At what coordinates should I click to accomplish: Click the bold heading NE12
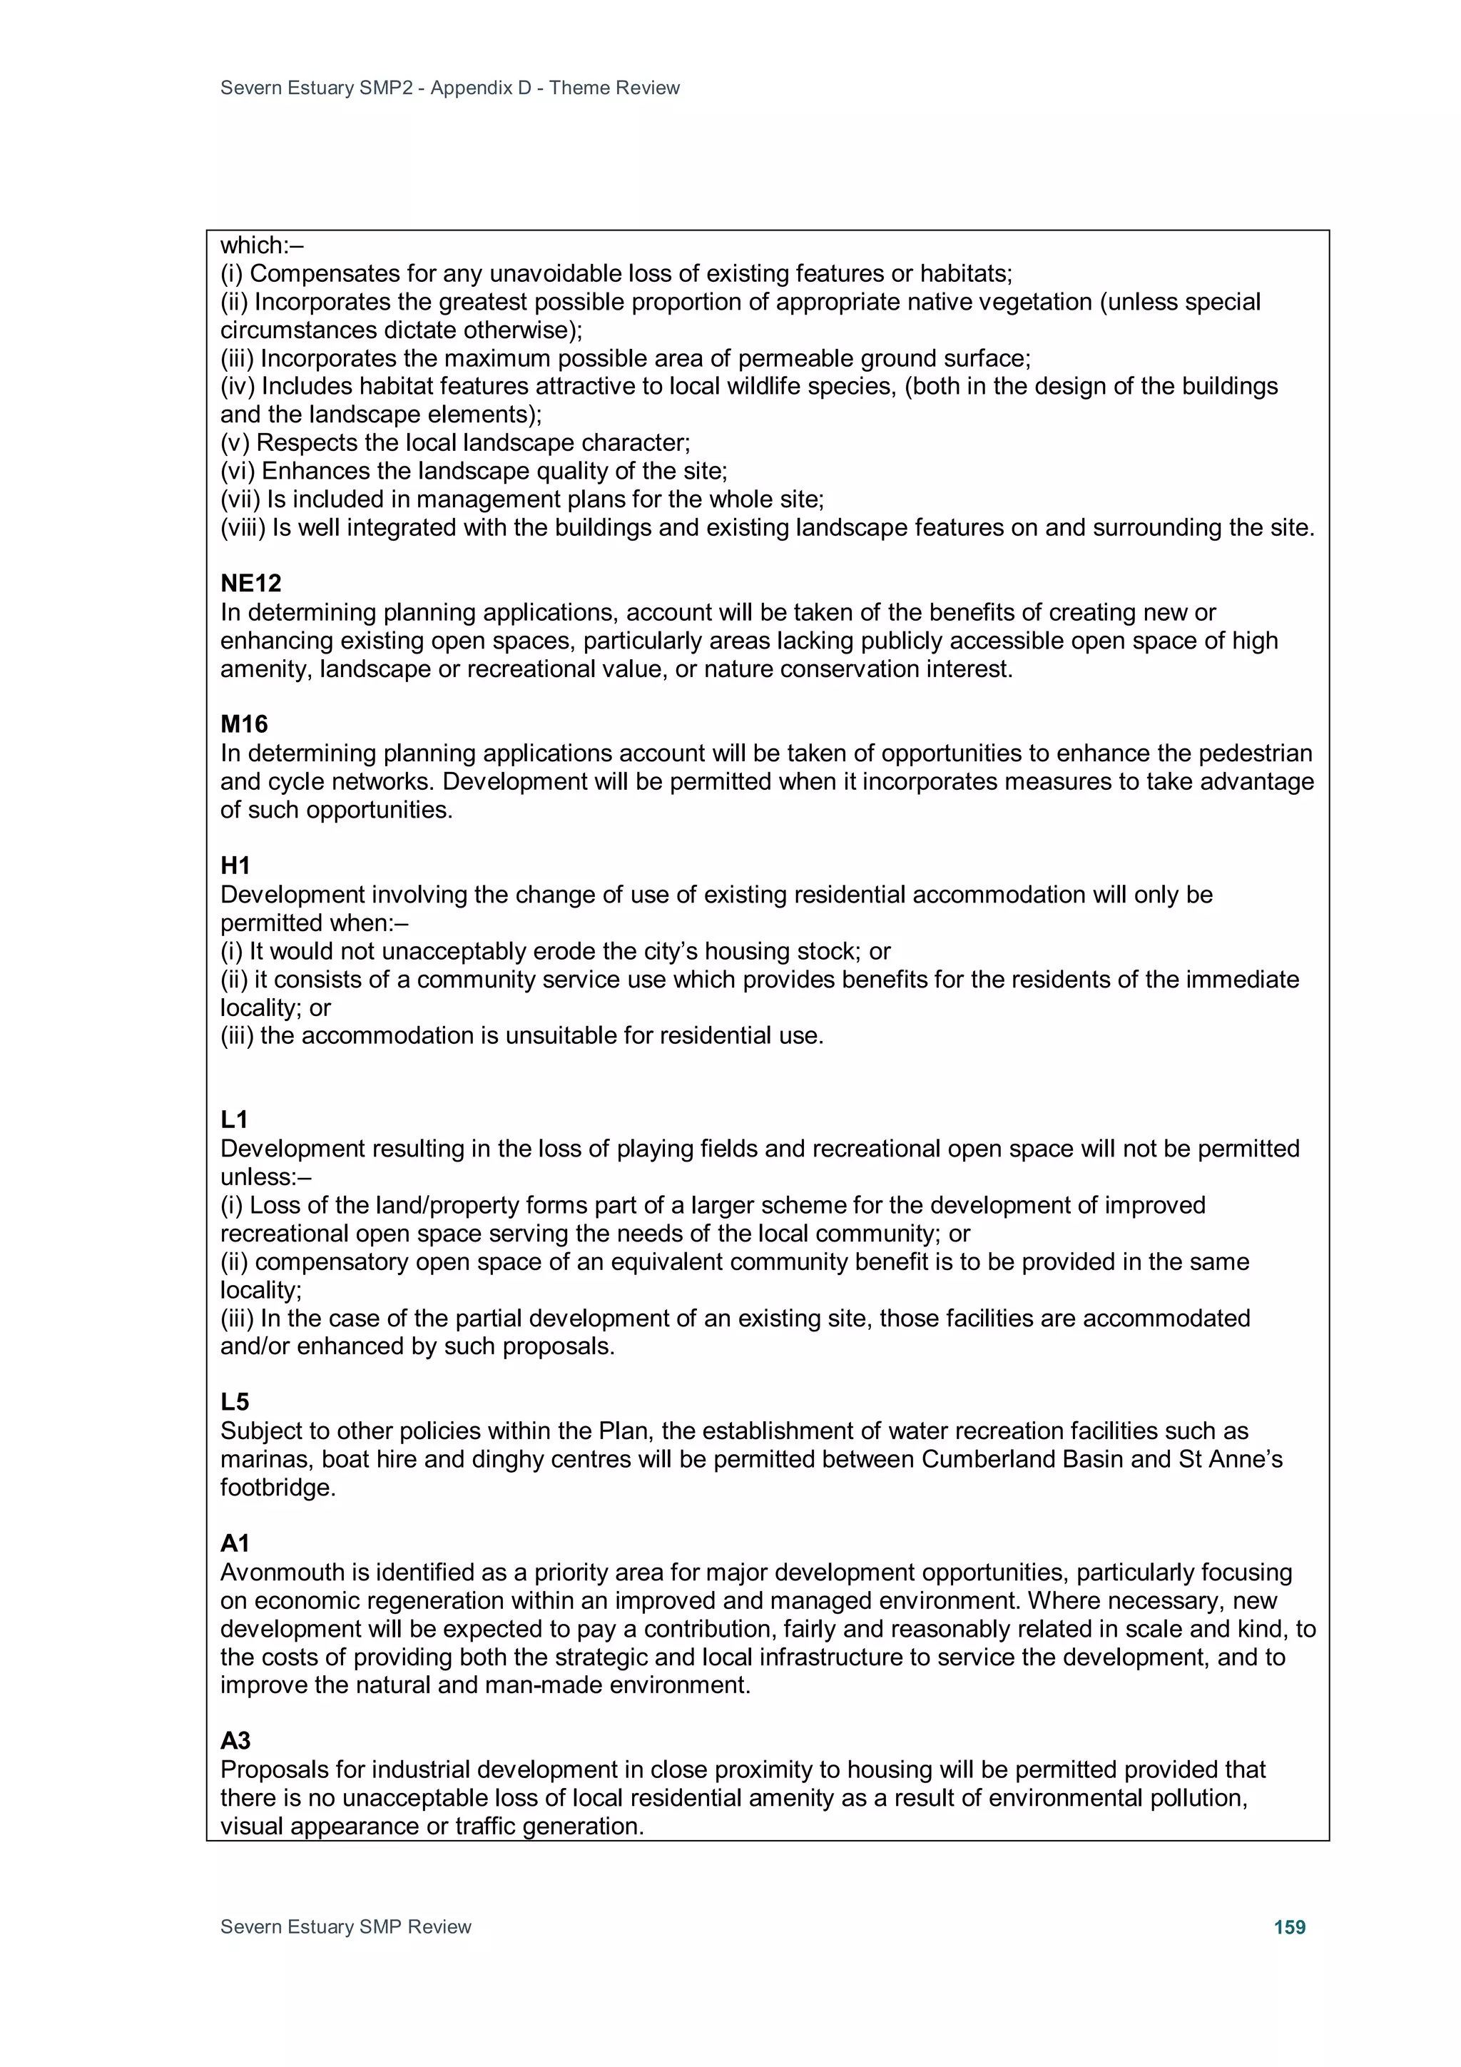(250, 584)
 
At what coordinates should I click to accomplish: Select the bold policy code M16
(244, 725)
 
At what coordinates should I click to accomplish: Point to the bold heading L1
(234, 1120)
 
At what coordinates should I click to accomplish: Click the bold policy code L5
(235, 1402)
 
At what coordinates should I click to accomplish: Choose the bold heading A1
(235, 1543)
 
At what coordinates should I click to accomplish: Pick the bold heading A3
(236, 1741)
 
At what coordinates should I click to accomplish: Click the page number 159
(1289, 1927)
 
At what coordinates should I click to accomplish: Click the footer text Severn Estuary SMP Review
(346, 1927)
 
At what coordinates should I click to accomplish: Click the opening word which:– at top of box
(262, 245)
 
